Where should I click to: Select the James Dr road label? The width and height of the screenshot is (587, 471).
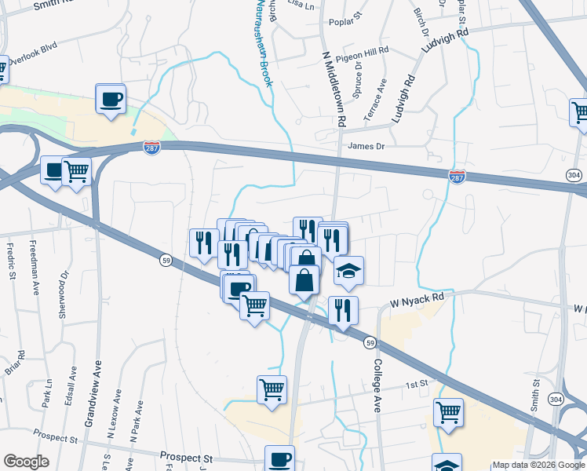click(367, 146)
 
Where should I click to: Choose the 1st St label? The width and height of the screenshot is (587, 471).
click(415, 384)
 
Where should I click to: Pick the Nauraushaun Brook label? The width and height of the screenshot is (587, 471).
click(264, 42)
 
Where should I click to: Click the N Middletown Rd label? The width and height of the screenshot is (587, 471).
click(335, 89)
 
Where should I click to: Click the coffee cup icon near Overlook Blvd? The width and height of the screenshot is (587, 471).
click(111, 100)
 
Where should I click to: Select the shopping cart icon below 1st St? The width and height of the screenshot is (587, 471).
click(448, 411)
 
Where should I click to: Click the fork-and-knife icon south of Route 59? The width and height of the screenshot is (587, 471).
click(343, 311)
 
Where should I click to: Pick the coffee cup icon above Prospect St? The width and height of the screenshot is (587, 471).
click(280, 459)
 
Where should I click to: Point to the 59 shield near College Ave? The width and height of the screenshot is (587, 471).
click(370, 342)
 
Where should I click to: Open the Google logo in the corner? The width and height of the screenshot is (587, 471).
click(26, 462)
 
